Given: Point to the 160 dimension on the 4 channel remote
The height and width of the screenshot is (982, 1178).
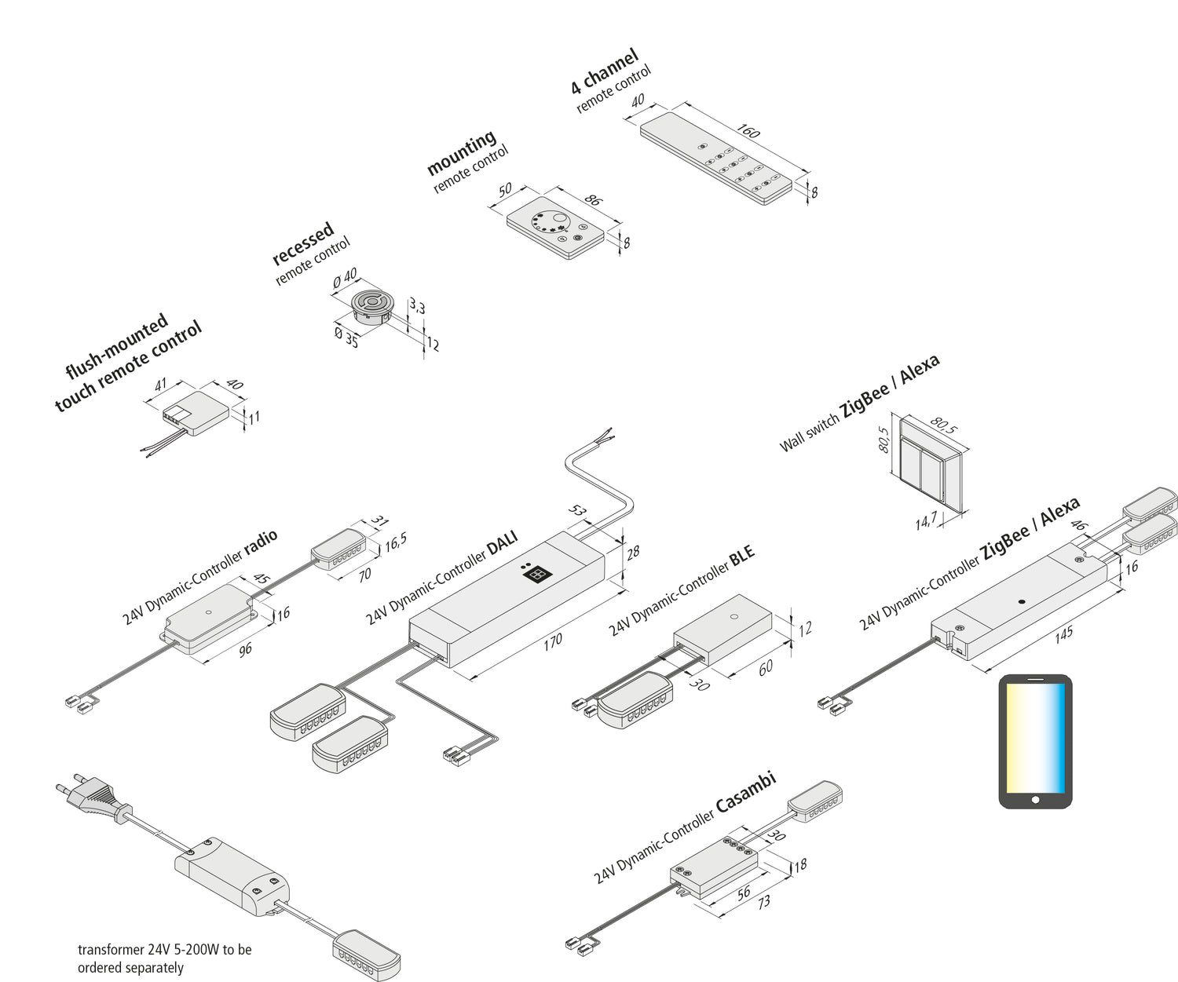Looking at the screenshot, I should [748, 131].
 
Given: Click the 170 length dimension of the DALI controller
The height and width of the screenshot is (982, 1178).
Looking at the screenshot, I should [553, 641].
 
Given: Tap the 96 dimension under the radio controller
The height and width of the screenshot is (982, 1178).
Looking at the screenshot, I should [245, 649].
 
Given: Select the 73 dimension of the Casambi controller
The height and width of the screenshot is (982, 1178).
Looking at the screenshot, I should [763, 903].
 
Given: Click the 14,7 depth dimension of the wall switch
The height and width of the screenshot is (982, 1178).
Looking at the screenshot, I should [926, 520].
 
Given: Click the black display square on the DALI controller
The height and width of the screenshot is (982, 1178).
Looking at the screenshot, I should [536, 575].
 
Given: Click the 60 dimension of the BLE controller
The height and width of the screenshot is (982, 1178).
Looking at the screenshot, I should [765, 667].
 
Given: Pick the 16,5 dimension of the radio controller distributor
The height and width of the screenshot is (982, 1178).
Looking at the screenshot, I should [395, 542].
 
